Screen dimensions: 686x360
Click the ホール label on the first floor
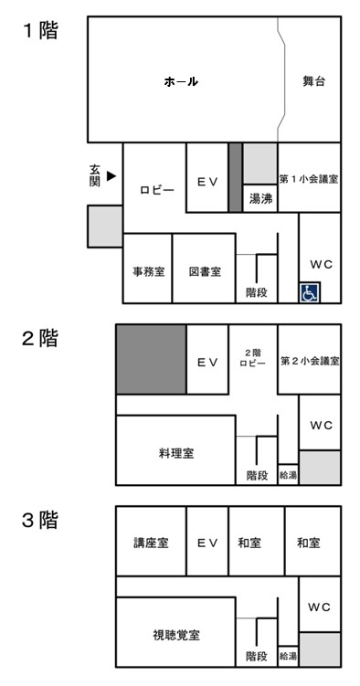tap(181, 82)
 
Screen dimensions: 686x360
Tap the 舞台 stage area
tap(314, 82)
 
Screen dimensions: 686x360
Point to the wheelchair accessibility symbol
tap(310, 292)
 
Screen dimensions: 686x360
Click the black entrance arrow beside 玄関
tap(111, 176)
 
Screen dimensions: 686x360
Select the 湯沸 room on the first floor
tap(259, 197)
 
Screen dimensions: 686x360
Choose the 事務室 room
tap(148, 271)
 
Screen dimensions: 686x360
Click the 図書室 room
tap(204, 271)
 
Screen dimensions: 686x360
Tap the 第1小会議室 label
tap(310, 179)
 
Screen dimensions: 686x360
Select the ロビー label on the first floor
tap(156, 190)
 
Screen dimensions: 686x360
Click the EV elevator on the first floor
tap(206, 180)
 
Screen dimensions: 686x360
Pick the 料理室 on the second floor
tap(175, 452)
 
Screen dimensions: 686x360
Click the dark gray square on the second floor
tap(151, 360)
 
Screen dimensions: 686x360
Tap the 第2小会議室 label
tap(310, 361)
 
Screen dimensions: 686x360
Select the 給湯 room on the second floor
tap(287, 476)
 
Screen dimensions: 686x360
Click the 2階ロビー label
tap(253, 357)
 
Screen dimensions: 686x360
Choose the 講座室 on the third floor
tap(151, 542)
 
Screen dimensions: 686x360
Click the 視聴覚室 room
tap(175, 633)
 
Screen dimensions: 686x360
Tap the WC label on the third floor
tap(319, 607)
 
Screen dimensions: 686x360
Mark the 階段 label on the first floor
tap(257, 292)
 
